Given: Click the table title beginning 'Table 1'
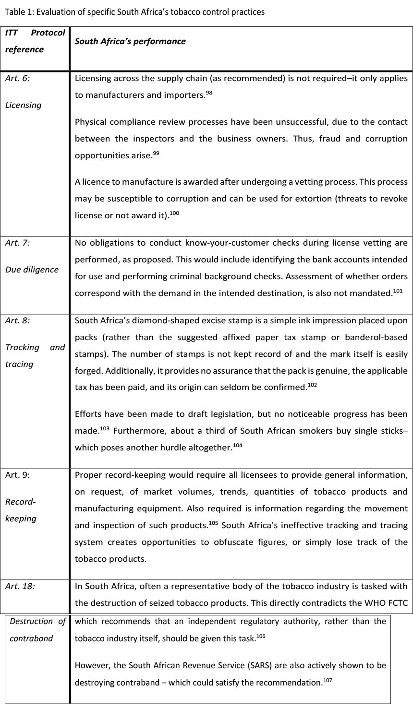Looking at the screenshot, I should [x=134, y=12].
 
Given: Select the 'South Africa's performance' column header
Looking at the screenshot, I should [x=130, y=41].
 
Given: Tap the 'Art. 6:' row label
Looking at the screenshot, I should [x=17, y=78].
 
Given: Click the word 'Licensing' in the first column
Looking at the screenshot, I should [x=23, y=105].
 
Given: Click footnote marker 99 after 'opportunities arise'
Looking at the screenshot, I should [x=157, y=153].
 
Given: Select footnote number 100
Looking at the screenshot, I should [x=175, y=213].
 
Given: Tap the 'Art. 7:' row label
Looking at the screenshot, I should [x=17, y=243].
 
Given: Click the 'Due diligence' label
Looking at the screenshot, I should [x=31, y=270].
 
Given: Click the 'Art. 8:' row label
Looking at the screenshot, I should [x=17, y=320].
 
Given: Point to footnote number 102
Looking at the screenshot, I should [x=313, y=385].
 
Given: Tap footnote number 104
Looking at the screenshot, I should [x=238, y=445].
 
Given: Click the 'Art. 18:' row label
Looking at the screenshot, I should [x=20, y=586].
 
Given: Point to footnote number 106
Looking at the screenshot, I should [x=261, y=636].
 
